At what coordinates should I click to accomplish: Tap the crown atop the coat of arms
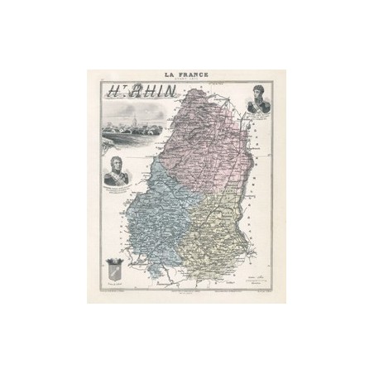(115, 258)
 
